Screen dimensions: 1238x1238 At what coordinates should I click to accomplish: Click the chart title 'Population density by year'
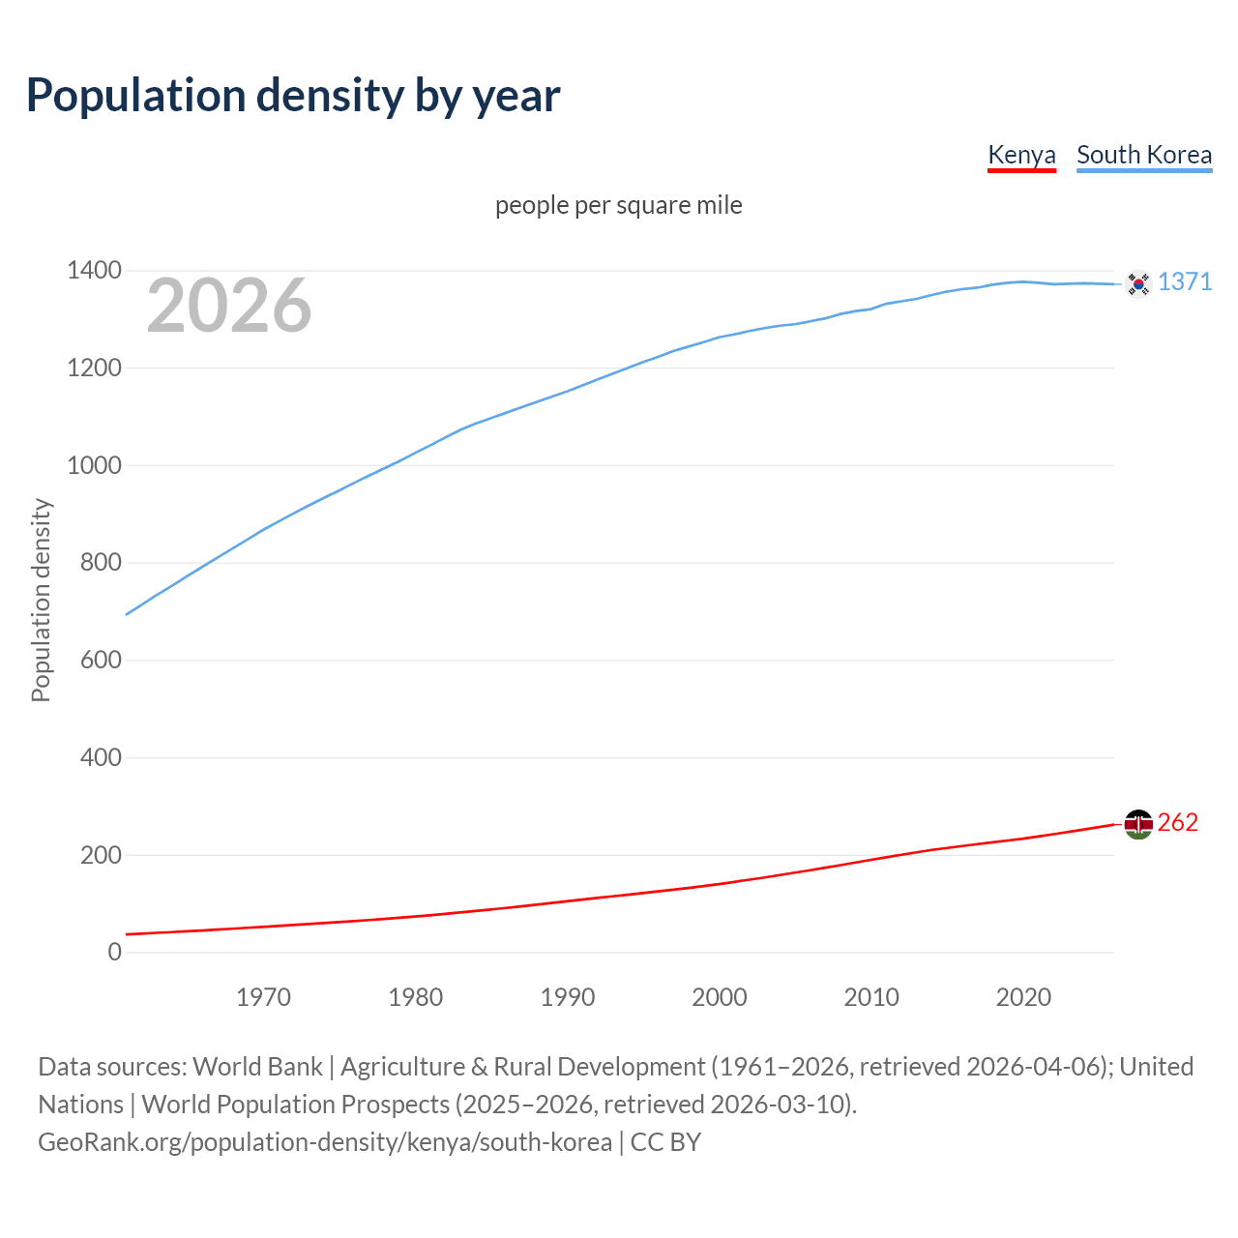[293, 96]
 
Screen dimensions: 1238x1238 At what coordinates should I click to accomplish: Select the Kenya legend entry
[1021, 156]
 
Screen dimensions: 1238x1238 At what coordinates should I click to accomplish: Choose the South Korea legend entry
[1144, 156]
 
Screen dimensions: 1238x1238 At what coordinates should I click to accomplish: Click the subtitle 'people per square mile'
[619, 206]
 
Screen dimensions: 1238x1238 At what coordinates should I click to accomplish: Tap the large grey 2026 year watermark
[229, 306]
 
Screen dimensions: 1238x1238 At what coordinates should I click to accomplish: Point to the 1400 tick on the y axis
[95, 271]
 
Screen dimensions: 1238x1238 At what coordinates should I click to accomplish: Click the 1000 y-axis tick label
[95, 465]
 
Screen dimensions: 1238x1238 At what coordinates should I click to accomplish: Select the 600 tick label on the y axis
[101, 661]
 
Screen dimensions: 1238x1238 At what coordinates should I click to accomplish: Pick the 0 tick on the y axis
[115, 952]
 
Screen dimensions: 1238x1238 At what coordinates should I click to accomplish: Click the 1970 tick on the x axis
[263, 997]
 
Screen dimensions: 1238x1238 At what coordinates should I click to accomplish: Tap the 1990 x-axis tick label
[568, 997]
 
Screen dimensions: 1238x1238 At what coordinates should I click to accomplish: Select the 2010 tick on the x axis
[871, 997]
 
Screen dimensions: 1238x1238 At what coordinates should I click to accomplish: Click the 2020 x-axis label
[1023, 997]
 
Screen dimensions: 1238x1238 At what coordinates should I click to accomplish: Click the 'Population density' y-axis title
[41, 600]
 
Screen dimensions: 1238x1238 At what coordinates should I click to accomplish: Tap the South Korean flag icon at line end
[1138, 283]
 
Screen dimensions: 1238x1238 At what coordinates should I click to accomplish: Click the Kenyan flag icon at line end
[1138, 824]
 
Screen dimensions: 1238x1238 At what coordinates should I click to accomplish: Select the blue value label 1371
[1185, 281]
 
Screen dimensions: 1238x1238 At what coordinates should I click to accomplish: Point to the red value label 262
[1177, 822]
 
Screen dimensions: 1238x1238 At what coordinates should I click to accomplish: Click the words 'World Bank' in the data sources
[257, 1067]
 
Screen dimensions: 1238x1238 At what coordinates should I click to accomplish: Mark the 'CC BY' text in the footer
[665, 1142]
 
